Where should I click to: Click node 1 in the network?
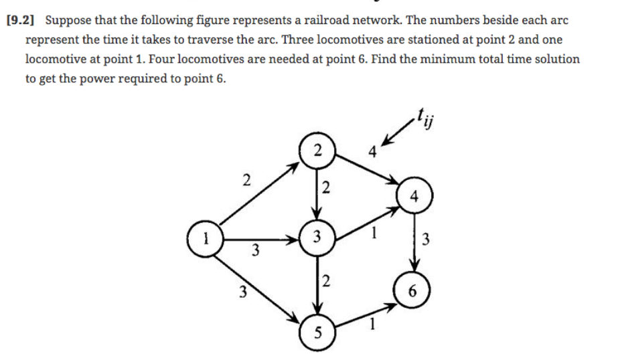tap(207, 237)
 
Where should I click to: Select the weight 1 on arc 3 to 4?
tap(376, 235)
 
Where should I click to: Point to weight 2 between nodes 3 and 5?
tap(326, 281)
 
